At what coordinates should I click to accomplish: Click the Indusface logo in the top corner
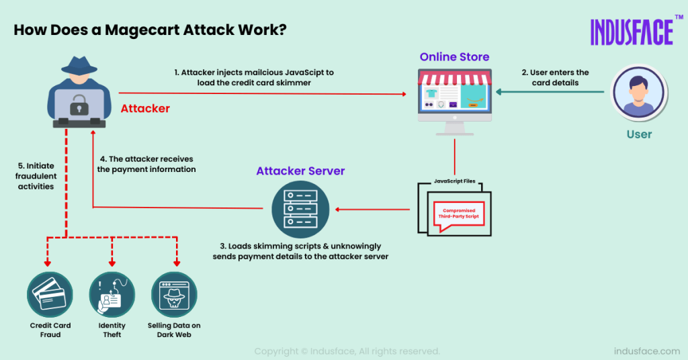click(632, 32)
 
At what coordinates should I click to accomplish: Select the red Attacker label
click(145, 108)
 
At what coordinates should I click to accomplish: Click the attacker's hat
click(79, 65)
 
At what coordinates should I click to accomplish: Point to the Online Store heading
click(454, 57)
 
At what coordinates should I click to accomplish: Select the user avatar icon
click(638, 95)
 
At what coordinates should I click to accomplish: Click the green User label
click(639, 134)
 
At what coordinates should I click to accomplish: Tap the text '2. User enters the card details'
click(554, 77)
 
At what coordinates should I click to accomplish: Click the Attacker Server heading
click(300, 171)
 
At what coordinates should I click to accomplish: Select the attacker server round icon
click(300, 209)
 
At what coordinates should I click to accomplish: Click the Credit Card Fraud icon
click(50, 295)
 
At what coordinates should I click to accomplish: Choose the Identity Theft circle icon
click(112, 295)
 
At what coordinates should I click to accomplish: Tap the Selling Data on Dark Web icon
click(173, 295)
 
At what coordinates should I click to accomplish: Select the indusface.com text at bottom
click(647, 351)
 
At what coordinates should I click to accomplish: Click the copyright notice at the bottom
click(347, 351)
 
